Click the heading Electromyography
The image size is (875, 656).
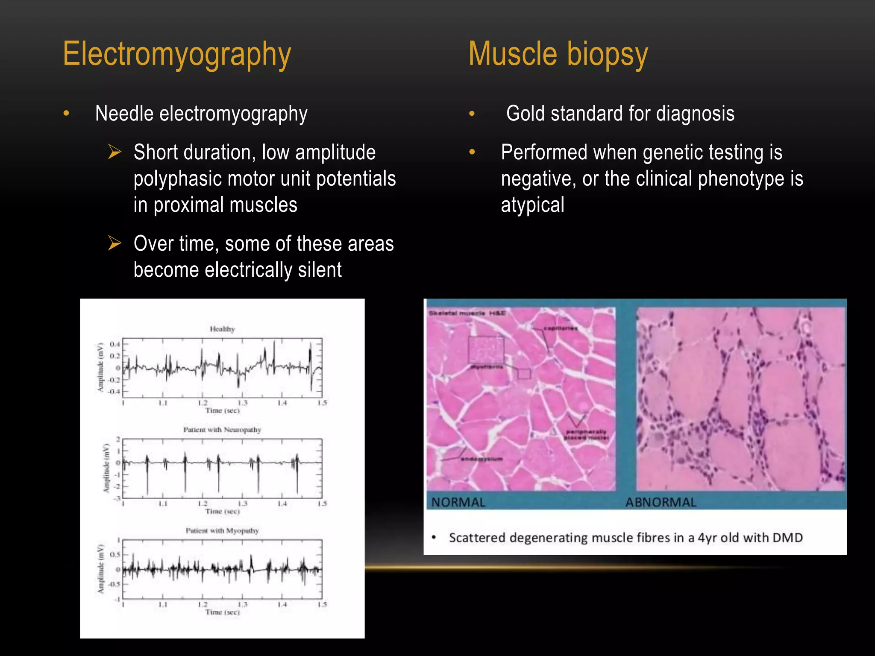(177, 54)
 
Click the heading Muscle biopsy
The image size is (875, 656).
(558, 54)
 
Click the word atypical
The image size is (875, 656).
(532, 205)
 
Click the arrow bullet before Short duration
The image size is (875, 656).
(115, 152)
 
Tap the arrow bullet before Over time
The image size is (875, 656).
(115, 243)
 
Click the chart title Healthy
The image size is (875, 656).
(222, 329)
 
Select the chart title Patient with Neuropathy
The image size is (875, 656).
(222, 430)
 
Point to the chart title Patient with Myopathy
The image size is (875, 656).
(222, 530)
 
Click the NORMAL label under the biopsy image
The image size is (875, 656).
(458, 502)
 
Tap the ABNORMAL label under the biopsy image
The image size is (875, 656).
(661, 502)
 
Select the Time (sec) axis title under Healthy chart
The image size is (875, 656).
(222, 410)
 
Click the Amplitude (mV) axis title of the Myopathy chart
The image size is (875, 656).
(101, 568)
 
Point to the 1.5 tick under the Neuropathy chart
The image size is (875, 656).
(322, 504)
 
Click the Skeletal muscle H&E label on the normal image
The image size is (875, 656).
(467, 313)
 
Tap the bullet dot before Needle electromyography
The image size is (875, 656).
(66, 114)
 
